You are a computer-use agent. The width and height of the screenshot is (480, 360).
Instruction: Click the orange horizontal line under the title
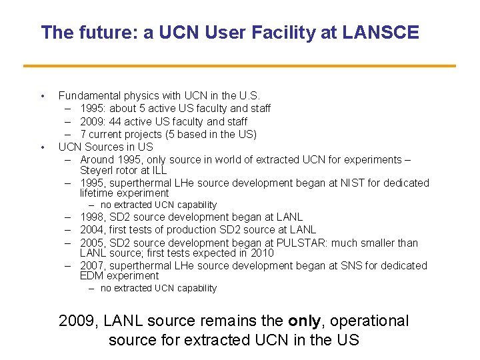point(239,65)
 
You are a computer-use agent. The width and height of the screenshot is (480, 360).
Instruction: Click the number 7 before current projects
point(83,134)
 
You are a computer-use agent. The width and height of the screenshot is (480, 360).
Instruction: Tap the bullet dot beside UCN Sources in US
point(42,147)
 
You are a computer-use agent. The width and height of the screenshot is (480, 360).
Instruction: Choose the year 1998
point(92,217)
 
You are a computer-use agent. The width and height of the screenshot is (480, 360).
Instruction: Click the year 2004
point(92,230)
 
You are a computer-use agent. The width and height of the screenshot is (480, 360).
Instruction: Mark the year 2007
point(92,265)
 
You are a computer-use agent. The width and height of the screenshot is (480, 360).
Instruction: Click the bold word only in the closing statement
point(304,321)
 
